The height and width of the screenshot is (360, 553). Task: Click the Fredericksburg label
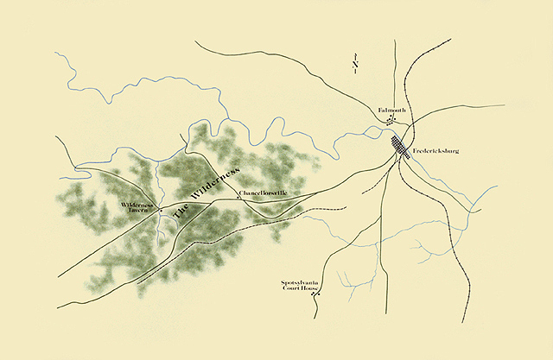(x=436, y=151)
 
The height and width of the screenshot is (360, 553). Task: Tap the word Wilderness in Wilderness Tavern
(x=137, y=205)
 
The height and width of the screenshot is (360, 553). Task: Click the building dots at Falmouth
(x=391, y=121)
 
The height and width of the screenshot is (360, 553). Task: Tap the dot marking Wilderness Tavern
(x=159, y=208)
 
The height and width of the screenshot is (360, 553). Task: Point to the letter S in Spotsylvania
(x=281, y=281)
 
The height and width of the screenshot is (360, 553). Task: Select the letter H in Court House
(x=302, y=288)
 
